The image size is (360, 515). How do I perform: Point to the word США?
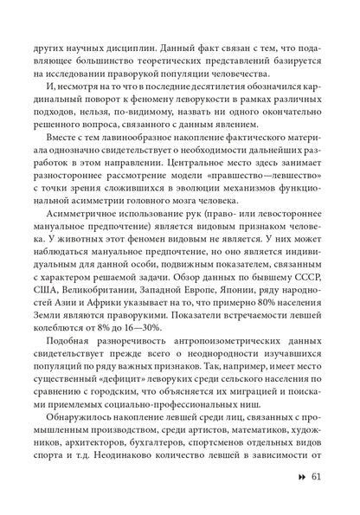coord(48,302)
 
